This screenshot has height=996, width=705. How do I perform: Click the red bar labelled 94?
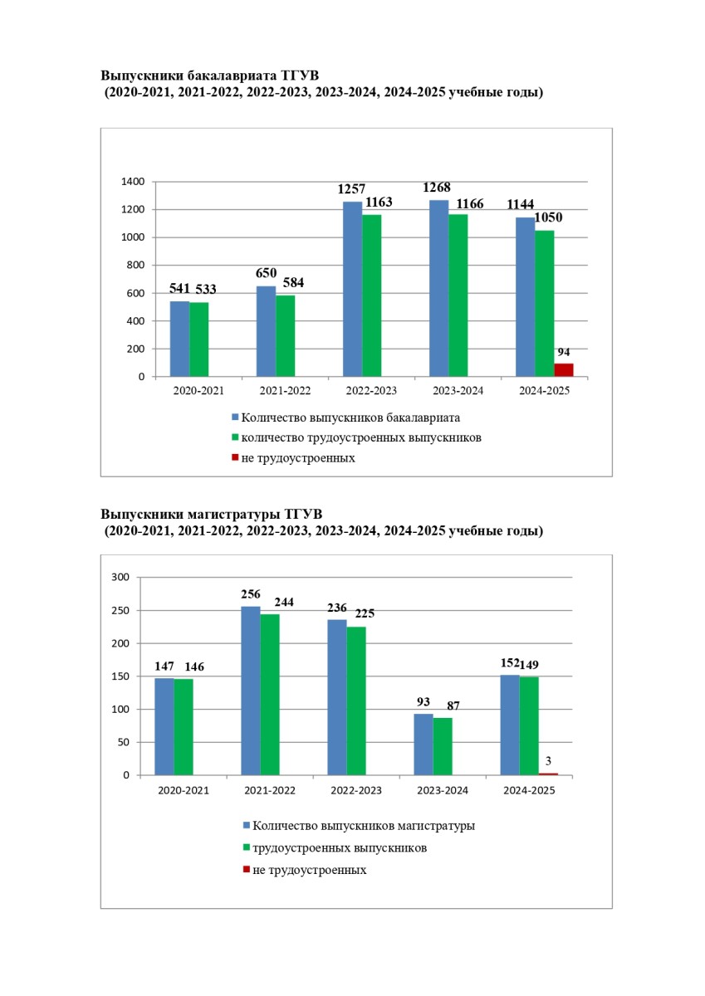click(564, 370)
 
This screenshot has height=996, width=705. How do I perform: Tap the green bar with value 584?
click(286, 336)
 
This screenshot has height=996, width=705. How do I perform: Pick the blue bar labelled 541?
click(179, 339)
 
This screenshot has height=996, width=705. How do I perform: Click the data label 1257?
click(351, 189)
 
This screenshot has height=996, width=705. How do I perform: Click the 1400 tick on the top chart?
click(133, 182)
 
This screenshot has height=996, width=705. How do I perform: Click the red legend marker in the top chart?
click(235, 457)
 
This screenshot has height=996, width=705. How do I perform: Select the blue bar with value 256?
click(250, 691)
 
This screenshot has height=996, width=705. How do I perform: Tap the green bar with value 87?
click(443, 746)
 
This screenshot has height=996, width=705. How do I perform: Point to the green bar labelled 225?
click(356, 701)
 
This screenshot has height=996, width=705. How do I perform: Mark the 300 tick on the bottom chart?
click(121, 578)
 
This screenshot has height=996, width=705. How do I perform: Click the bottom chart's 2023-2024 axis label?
click(443, 790)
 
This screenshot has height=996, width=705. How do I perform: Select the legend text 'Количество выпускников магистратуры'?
click(364, 826)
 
